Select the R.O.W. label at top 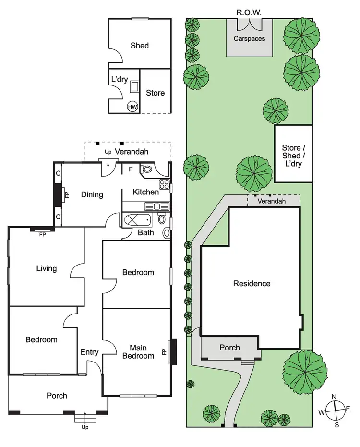pyautogui.click(x=249, y=12)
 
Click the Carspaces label pyautogui.click(x=249, y=38)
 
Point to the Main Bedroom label pyautogui.click(x=138, y=351)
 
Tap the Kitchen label pyautogui.click(x=146, y=192)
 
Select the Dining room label pyautogui.click(x=92, y=194)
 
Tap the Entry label pyautogui.click(x=89, y=352)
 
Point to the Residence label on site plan pyautogui.click(x=252, y=283)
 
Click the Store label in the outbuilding pyautogui.click(x=155, y=93)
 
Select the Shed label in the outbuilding pyautogui.click(x=140, y=46)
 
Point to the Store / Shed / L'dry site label pyautogui.click(x=293, y=155)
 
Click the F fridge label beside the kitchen pyautogui.click(x=131, y=169)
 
